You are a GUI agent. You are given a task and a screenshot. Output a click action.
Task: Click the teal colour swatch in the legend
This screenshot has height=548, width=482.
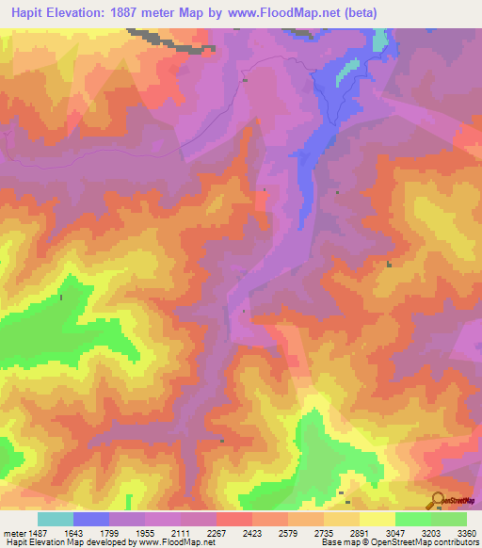56,519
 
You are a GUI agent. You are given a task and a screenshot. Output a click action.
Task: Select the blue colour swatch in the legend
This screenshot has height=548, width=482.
91,519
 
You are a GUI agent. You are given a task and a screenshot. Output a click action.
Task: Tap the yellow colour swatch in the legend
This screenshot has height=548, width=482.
377,519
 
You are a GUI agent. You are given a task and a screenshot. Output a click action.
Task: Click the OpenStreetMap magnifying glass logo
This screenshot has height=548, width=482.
438,499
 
